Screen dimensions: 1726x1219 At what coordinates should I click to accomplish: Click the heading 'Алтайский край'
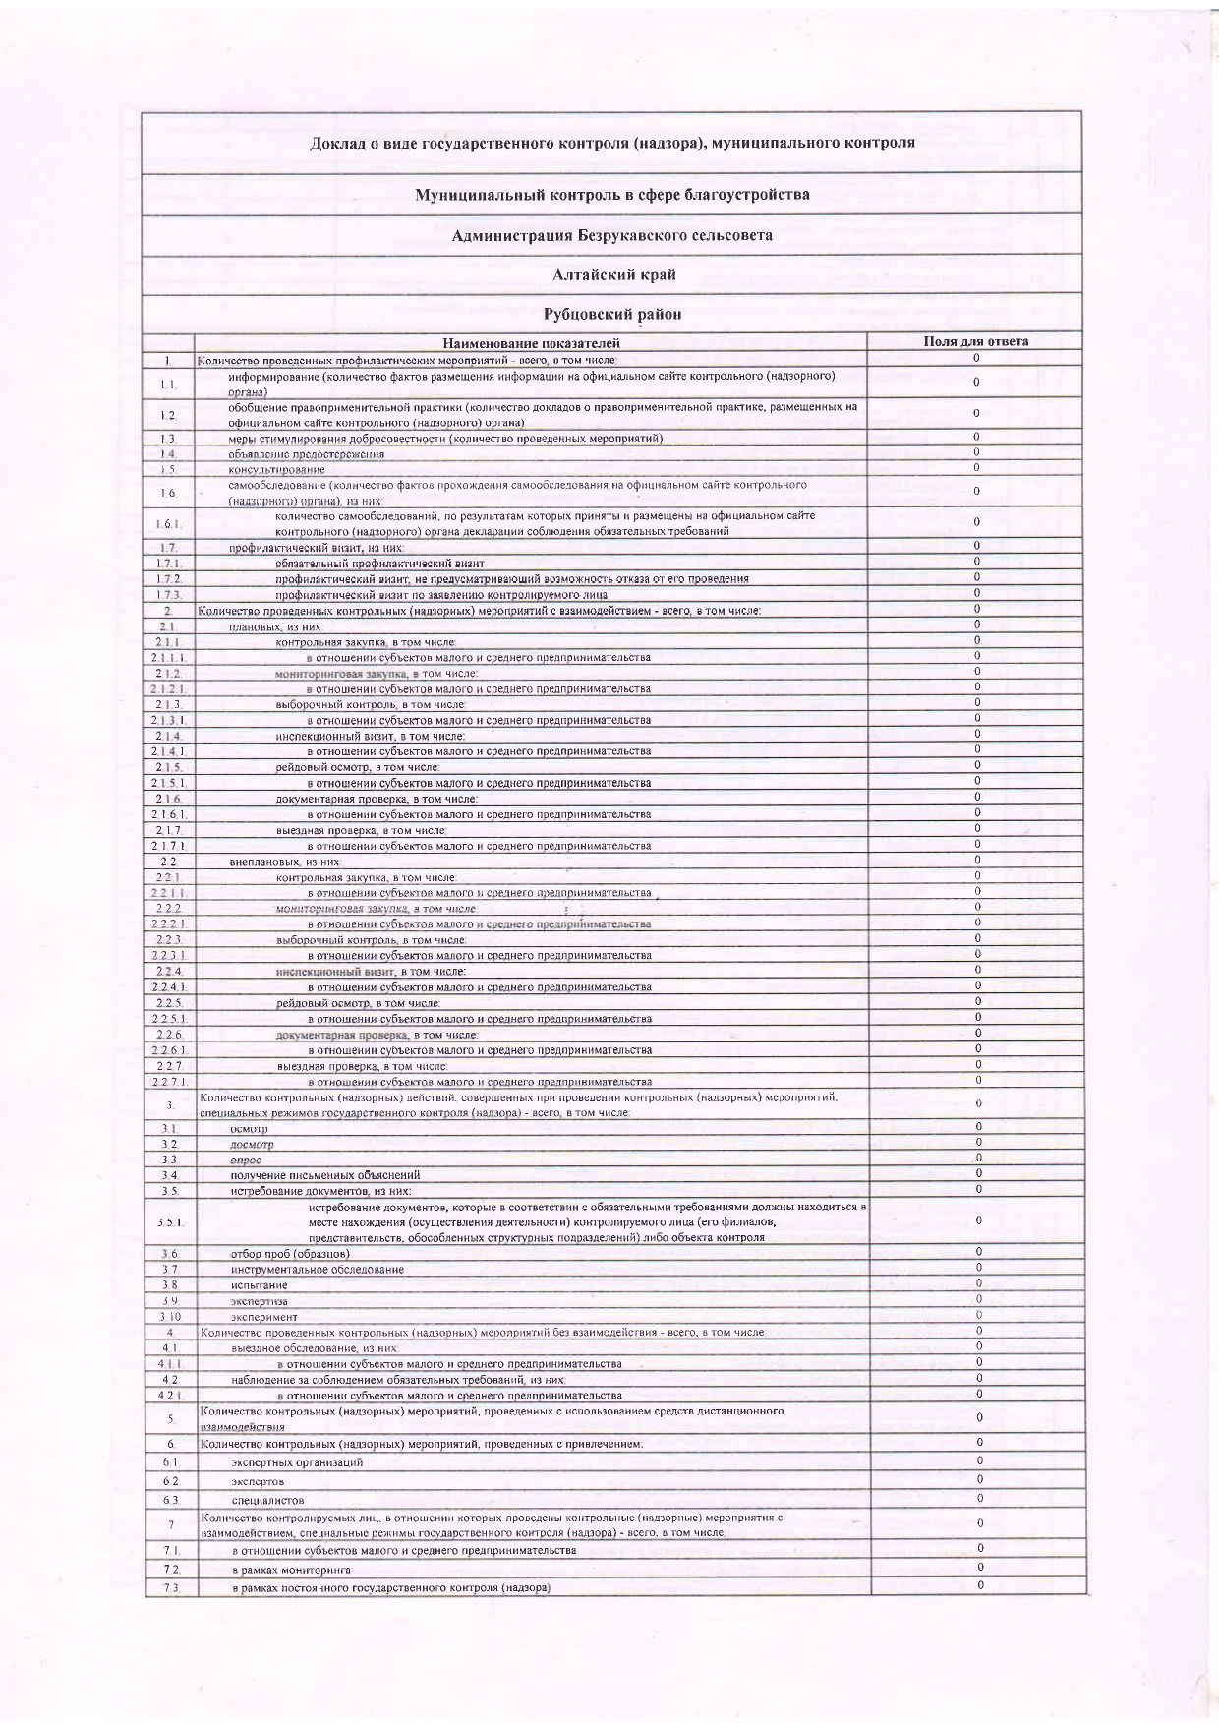pyautogui.click(x=613, y=275)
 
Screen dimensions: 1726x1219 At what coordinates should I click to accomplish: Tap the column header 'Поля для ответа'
pyautogui.click(x=975, y=342)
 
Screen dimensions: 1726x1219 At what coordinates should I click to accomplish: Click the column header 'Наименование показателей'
pyautogui.click(x=531, y=343)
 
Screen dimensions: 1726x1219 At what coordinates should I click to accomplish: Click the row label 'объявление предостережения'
pyautogui.click(x=306, y=454)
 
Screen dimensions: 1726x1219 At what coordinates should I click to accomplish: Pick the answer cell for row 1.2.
pyautogui.click(x=975, y=414)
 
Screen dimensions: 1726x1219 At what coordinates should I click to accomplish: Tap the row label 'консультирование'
pyautogui.click(x=276, y=470)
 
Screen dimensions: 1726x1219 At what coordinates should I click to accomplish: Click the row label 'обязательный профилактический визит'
pyautogui.click(x=379, y=565)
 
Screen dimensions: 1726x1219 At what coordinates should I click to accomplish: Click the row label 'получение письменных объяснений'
pyautogui.click(x=325, y=1175)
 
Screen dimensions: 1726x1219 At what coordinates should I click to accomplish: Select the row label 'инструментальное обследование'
pyautogui.click(x=318, y=1270)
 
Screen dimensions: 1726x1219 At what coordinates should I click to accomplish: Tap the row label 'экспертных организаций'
pyautogui.click(x=297, y=1463)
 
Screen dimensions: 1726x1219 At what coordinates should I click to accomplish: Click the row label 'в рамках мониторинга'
pyautogui.click(x=291, y=1571)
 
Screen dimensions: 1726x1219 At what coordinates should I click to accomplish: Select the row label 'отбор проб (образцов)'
pyautogui.click(x=290, y=1254)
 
